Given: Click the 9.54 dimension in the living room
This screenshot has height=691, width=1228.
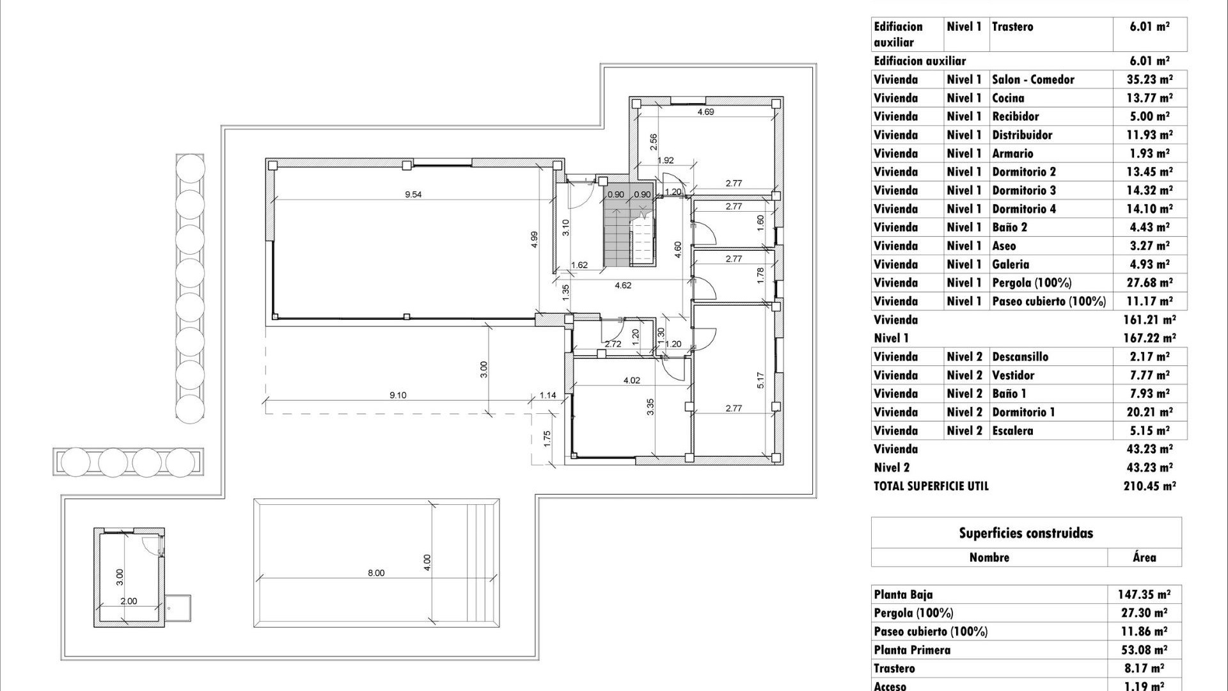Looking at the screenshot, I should (x=413, y=195).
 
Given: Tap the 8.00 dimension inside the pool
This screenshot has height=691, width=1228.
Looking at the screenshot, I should (x=376, y=573).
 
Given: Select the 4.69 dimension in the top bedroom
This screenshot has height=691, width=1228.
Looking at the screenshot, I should (x=705, y=112).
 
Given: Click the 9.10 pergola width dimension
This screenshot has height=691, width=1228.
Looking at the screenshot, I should (x=398, y=395).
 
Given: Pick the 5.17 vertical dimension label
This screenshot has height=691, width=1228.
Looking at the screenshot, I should (x=760, y=381).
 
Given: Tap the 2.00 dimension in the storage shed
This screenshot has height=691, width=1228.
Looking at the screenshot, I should (x=129, y=601).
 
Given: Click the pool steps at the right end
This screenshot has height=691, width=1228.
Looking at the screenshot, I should (x=483, y=563).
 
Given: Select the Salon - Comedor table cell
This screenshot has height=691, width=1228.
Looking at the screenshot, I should (x=1033, y=80).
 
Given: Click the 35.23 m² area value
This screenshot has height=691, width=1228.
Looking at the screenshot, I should (x=1149, y=80).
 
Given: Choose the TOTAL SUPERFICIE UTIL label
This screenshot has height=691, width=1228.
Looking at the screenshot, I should (x=931, y=486).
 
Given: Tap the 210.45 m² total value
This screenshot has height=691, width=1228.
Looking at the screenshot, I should (x=1149, y=486).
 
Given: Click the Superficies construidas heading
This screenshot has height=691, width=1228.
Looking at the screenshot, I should (x=1026, y=534).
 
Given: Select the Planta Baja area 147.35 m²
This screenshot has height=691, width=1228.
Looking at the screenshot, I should (x=1144, y=595).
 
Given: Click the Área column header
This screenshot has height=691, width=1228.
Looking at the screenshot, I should (x=1144, y=557).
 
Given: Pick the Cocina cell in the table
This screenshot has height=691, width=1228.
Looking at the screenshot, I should (x=1008, y=99).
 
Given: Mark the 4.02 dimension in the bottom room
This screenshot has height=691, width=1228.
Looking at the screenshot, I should (x=631, y=381).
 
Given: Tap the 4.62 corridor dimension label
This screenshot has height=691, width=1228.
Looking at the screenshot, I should (x=623, y=285).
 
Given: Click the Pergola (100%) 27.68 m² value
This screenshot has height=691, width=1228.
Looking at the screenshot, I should (x=1149, y=283).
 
